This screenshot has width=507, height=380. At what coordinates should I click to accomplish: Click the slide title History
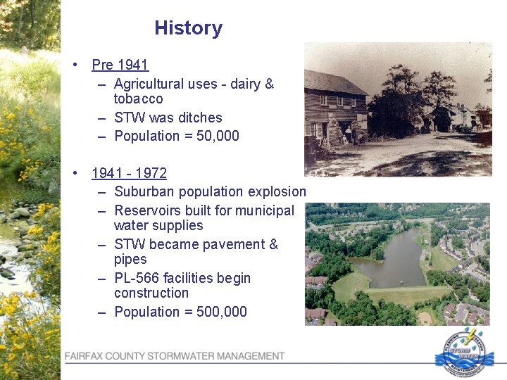(x=188, y=28)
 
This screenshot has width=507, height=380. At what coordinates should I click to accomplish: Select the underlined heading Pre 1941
(x=120, y=65)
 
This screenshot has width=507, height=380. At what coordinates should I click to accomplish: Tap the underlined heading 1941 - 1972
(x=129, y=173)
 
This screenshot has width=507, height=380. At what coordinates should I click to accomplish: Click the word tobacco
(x=138, y=99)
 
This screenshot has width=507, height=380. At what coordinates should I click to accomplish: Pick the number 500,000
(x=222, y=312)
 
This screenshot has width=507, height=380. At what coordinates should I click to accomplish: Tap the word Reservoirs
(x=148, y=210)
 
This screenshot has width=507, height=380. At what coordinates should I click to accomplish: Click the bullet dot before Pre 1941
(x=75, y=65)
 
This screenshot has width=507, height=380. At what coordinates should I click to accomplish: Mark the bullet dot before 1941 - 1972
(x=75, y=173)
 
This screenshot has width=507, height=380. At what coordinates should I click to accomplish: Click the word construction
(x=151, y=293)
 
